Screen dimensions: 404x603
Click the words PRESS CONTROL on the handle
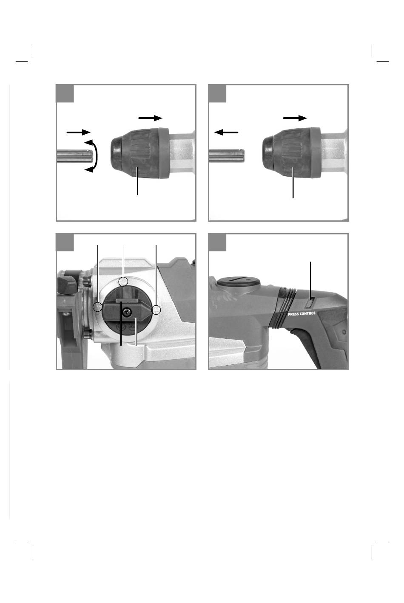pos(302,314)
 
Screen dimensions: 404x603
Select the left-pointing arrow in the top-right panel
pos(226,132)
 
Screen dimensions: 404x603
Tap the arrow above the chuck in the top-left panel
pos(151,118)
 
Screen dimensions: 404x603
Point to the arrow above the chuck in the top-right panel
pos(295,118)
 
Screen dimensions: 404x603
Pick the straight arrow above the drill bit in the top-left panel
pos(78,132)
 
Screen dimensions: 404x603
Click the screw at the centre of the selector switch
pos(126,312)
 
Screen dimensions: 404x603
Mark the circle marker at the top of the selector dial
pos(123,281)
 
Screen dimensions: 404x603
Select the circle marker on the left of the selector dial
pos(97,307)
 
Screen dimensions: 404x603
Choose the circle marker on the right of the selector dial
pos(156,310)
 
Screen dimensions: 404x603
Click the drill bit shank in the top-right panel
pos(227,156)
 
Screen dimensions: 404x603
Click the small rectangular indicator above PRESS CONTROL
pos(310,303)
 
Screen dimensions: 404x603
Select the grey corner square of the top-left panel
pos(65,93)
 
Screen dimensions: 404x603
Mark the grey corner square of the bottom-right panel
pos(217,242)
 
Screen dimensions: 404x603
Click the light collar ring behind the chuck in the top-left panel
pos(164,153)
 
